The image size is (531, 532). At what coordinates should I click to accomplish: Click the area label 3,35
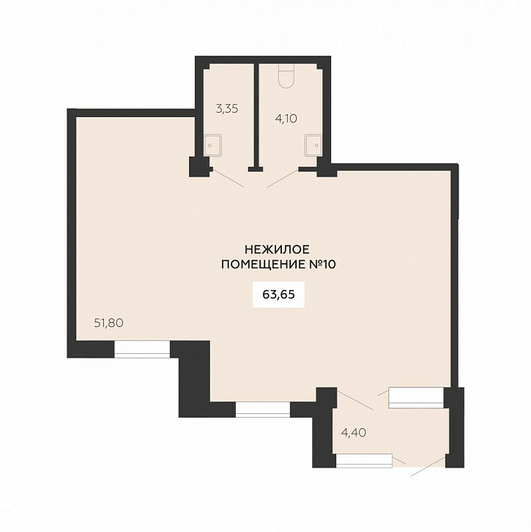pos(227,109)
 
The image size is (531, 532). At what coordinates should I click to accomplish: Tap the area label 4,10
pos(286,119)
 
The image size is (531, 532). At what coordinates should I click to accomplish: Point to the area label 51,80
pos(108,323)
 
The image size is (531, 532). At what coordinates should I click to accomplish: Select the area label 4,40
pos(354,432)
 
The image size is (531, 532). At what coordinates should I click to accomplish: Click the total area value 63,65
pos(278,295)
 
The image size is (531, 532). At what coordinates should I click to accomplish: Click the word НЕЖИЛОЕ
pos(277,250)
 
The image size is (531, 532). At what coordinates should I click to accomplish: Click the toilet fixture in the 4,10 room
pos(285,76)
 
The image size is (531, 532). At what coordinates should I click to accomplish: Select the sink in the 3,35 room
pos(212,145)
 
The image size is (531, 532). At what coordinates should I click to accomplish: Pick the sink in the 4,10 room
pos(313,145)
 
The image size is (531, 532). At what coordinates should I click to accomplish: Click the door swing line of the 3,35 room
pos(228,178)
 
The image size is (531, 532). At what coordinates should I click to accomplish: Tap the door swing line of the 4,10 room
pos(283,178)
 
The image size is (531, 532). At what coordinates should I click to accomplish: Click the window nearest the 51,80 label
pos(142,349)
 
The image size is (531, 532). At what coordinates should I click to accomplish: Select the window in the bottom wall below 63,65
pos(263,410)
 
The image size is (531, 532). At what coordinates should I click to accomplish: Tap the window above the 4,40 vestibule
pos(416,398)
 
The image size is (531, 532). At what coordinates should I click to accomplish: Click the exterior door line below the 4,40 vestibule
pos(428,466)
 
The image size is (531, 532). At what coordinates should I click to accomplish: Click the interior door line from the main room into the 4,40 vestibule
pos(355,399)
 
